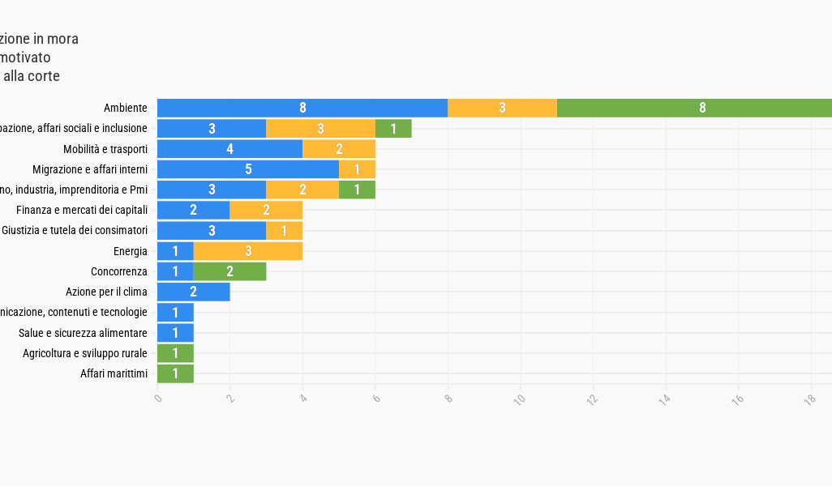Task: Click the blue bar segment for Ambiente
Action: click(302, 108)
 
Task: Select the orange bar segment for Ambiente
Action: click(502, 108)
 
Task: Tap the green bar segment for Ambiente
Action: click(694, 108)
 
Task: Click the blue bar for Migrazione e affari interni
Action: click(247, 169)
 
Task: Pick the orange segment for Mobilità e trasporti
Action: click(339, 149)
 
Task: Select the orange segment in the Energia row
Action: click(248, 251)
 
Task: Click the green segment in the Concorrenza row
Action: click(229, 271)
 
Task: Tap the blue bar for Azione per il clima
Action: click(193, 292)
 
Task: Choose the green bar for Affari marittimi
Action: click(175, 373)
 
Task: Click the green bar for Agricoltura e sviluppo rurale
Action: click(175, 353)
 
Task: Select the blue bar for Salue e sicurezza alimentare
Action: click(175, 333)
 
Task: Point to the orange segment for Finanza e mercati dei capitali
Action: click(266, 210)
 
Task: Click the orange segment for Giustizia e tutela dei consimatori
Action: click(284, 231)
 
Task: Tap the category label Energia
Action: click(130, 251)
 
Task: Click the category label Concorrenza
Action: click(118, 271)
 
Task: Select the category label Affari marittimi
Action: click(114, 373)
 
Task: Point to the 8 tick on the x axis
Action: click(448, 399)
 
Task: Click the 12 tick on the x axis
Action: click(593, 399)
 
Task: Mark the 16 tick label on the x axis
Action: click(738, 399)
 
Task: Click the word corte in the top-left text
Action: click(43, 76)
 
